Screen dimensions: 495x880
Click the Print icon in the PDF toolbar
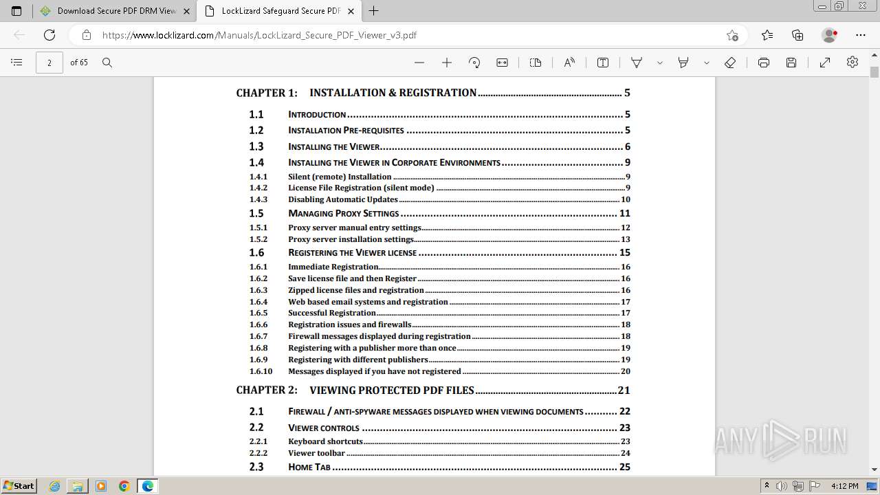click(x=763, y=63)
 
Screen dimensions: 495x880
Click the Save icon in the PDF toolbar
click(x=791, y=63)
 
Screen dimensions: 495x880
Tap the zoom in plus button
click(x=447, y=63)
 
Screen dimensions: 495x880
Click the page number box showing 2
click(x=49, y=63)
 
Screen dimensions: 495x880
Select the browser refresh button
click(x=49, y=35)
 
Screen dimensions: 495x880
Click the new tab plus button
click(x=374, y=11)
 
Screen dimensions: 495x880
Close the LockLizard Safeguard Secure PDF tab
click(x=351, y=11)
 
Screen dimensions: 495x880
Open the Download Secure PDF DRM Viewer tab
click(x=110, y=11)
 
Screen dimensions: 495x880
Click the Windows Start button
click(x=19, y=486)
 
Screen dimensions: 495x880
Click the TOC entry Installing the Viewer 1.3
click(x=334, y=146)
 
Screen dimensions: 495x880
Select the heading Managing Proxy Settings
click(x=343, y=213)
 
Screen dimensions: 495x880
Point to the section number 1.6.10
click(x=261, y=371)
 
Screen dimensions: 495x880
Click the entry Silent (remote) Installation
click(x=340, y=177)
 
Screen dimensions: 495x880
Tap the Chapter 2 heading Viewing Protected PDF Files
click(x=391, y=390)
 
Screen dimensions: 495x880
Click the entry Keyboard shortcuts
click(x=325, y=441)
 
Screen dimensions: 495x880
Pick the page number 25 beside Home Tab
click(x=624, y=467)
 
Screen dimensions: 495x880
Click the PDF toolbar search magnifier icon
click(x=107, y=63)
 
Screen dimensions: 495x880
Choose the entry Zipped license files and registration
click(x=355, y=290)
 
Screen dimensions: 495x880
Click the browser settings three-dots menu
click(x=861, y=35)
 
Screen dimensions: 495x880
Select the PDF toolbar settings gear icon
click(x=852, y=63)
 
